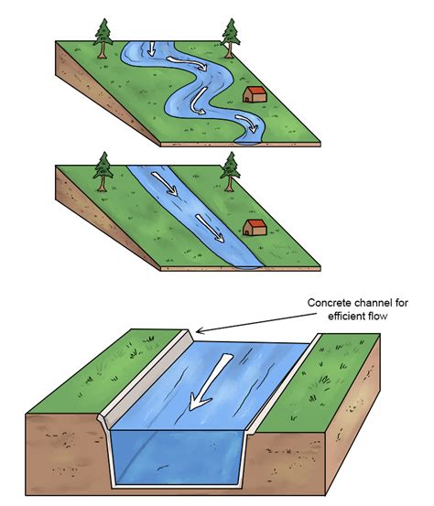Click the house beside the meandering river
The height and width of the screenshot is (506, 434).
coord(255,94)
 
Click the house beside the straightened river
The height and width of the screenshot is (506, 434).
coord(255,227)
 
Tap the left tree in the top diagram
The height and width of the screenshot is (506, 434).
coord(103,38)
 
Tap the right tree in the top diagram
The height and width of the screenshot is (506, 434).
coord(231,38)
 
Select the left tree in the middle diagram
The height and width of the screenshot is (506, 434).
coord(103,172)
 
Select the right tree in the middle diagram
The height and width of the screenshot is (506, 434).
coord(230,172)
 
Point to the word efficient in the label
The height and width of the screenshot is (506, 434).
coord(347,316)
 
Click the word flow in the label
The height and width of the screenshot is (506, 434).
coord(378,316)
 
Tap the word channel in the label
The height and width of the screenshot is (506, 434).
coord(374,303)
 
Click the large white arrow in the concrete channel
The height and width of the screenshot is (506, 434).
coord(210,382)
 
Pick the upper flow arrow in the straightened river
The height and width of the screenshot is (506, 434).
coord(165,184)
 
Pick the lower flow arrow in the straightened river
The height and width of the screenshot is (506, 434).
coord(210,228)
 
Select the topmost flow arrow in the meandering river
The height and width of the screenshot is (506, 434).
coord(152,48)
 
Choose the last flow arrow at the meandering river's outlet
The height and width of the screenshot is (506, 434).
coord(247,123)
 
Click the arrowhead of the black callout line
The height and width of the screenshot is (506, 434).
coord(199,331)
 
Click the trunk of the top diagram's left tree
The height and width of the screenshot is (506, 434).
coord(103,51)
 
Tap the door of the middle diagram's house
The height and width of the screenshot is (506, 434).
coord(247,232)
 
